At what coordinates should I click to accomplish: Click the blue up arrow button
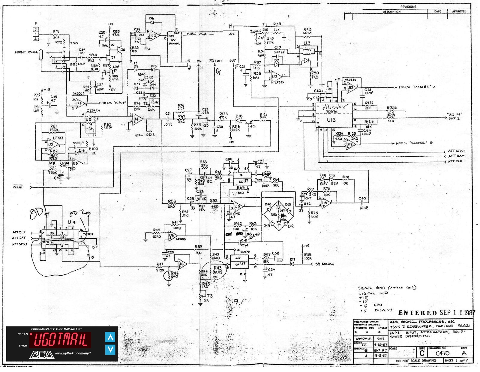tap(110, 337)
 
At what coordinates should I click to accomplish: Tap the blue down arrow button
tap(110, 349)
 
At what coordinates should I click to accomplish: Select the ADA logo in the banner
tap(41, 355)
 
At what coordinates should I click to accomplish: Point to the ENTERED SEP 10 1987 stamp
tap(436, 313)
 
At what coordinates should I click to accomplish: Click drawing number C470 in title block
tap(442, 353)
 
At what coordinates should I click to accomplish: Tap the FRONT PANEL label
tap(26, 52)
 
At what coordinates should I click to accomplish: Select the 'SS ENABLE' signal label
tap(325, 264)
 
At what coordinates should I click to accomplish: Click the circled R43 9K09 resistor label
tap(217, 270)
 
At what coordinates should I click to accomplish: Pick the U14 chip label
tap(71, 222)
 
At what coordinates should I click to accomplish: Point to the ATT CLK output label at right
tap(456, 161)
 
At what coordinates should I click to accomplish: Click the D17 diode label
tap(292, 260)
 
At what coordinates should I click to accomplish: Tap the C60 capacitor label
tap(362, 198)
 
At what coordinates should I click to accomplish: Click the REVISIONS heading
tap(408, 7)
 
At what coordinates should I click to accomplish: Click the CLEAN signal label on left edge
tap(18, 187)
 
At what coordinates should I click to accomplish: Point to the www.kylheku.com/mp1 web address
tap(73, 353)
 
